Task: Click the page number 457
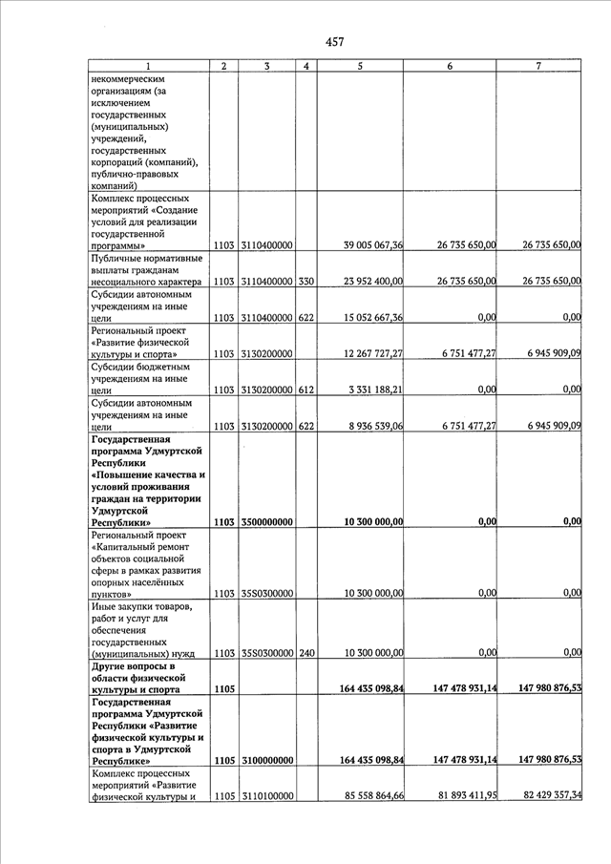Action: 334,41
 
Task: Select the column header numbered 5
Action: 359,66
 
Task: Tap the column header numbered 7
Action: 538,66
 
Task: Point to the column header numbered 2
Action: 223,66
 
